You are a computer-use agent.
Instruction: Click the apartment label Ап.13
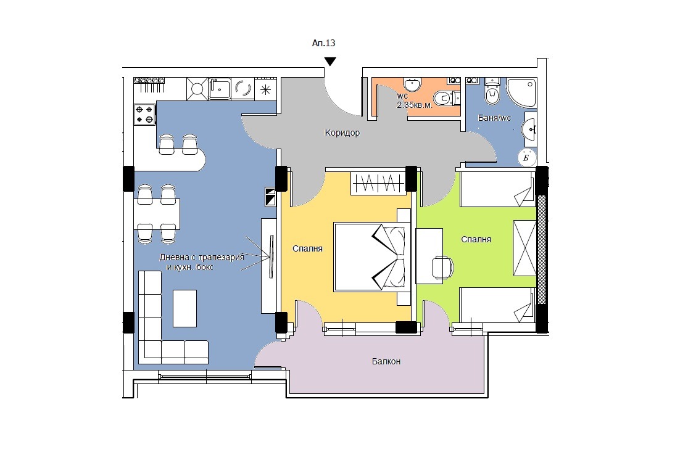tap(323, 43)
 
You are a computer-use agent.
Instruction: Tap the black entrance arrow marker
tap(330, 61)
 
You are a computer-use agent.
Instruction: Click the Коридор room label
tap(342, 133)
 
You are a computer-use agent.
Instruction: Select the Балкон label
tap(386, 361)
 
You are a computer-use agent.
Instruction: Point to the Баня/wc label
tap(494, 118)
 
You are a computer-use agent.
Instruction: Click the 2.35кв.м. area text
tap(415, 105)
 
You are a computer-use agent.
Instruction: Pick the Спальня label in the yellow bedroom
tap(308, 249)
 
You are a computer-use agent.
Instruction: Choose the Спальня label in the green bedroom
tap(476, 239)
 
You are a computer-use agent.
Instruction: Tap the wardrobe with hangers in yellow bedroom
tap(378, 182)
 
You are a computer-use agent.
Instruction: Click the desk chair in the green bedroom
tap(443, 268)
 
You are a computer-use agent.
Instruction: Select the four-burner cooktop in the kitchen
tap(145, 114)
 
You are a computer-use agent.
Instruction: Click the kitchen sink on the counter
tap(220, 89)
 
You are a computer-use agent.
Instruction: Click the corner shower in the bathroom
tap(522, 92)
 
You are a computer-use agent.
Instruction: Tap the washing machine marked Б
tap(527, 157)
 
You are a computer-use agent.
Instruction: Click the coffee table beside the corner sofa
tap(184, 308)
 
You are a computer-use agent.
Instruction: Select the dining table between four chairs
tap(157, 214)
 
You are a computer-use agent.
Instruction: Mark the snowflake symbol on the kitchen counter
tap(265, 90)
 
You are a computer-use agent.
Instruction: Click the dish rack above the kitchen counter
tap(149, 84)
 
